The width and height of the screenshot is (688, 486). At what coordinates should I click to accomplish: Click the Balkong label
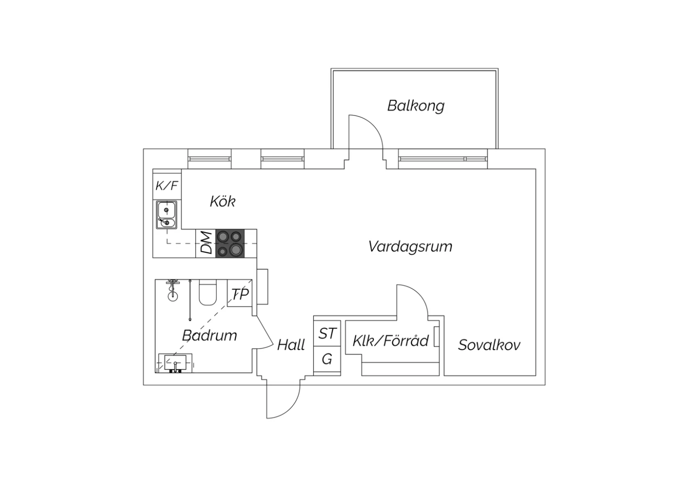click(416, 106)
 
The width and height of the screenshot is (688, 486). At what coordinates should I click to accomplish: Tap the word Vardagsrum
click(410, 247)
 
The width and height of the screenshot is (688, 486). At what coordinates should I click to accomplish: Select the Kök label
click(222, 201)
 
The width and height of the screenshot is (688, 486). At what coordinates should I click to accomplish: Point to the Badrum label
click(210, 336)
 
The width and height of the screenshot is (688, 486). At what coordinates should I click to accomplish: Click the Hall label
click(291, 345)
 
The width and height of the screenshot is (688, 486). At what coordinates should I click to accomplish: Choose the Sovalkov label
click(489, 345)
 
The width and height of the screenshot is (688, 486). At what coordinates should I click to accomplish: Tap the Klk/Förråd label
click(390, 341)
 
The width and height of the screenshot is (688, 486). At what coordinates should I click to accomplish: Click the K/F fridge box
click(166, 186)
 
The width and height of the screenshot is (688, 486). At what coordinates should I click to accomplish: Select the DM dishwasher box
click(206, 243)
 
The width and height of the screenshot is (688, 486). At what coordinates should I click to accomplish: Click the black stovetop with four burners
click(230, 243)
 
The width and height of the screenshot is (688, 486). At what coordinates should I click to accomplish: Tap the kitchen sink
click(166, 214)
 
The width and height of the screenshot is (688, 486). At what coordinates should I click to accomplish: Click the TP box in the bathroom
click(239, 293)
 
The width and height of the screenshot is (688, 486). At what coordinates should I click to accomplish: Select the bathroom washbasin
click(175, 363)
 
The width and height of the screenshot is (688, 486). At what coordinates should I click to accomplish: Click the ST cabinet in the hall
click(327, 333)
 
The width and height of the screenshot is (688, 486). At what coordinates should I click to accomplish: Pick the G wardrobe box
click(327, 359)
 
